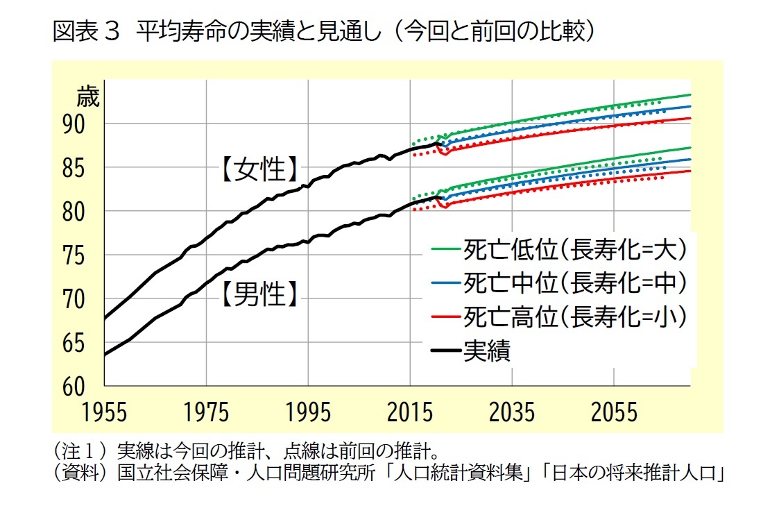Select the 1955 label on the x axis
(x=105, y=412)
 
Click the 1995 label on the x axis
(x=308, y=412)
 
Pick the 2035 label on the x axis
(x=512, y=412)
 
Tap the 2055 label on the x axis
(x=614, y=412)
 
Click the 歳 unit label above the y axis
(x=88, y=96)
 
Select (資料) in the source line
(x=80, y=474)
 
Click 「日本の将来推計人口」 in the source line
(x=633, y=474)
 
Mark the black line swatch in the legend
(x=447, y=351)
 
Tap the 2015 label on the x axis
(x=410, y=412)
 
